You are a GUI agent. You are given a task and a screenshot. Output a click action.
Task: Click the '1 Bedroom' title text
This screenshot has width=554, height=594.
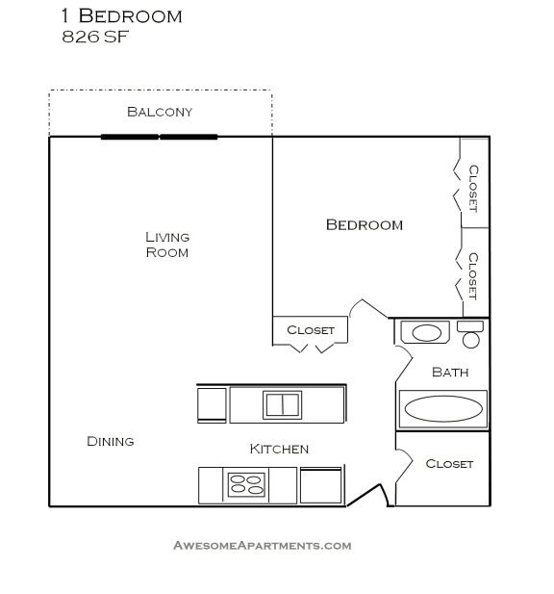click(121, 16)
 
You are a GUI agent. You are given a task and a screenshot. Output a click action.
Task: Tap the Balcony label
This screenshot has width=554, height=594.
click(160, 112)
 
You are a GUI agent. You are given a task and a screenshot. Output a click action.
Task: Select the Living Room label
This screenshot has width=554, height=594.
click(167, 245)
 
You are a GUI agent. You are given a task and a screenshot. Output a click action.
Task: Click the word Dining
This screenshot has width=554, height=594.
click(111, 441)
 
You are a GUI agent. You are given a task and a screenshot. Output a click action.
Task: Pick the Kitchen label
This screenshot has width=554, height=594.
click(279, 449)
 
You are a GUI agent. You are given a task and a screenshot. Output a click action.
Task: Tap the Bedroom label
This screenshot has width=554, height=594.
click(364, 225)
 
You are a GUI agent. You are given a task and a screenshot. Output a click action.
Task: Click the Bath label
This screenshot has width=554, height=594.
click(450, 372)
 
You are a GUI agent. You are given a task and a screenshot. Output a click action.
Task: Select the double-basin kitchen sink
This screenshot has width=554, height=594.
click(283, 404)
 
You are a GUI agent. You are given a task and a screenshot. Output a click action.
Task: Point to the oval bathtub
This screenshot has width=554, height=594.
click(443, 408)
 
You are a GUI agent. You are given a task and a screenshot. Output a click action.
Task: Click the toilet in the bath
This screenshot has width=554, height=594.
click(470, 334)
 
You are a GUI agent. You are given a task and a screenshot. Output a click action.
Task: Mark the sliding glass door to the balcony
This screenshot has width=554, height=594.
click(160, 137)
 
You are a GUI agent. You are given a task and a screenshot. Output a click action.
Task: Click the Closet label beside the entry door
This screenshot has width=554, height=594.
click(449, 464)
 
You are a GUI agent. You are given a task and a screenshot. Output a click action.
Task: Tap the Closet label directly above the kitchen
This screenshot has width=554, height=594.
click(311, 330)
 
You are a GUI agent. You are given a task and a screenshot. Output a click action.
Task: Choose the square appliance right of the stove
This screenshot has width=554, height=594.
click(320, 485)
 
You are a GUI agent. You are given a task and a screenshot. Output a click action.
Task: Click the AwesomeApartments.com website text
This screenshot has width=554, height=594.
click(262, 546)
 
